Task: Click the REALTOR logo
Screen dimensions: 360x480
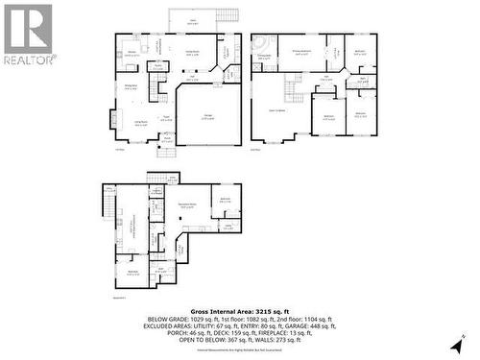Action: tap(28, 34)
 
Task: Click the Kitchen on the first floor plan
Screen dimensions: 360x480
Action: tap(132, 54)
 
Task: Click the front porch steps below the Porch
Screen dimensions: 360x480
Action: tap(169, 150)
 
